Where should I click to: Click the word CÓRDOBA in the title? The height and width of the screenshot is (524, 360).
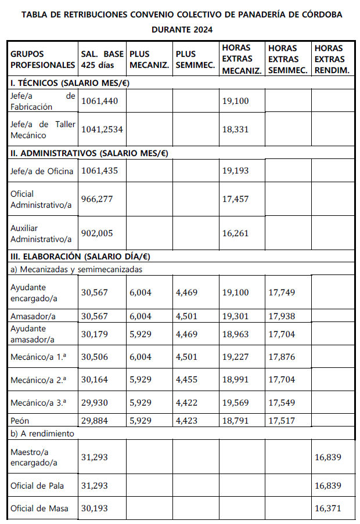pyautogui.click(x=316, y=15)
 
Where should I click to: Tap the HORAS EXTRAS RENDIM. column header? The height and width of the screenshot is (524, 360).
pyautogui.click(x=331, y=59)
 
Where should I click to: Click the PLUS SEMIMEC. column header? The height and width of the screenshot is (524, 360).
pyautogui.click(x=193, y=59)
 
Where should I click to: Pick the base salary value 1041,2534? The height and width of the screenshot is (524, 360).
pyautogui.click(x=102, y=129)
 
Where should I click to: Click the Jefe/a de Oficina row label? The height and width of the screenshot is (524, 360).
pyautogui.click(x=42, y=171)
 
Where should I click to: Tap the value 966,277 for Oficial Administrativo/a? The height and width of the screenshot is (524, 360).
pyautogui.click(x=97, y=199)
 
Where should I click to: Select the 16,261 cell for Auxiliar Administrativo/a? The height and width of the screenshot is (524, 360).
pyautogui.click(x=235, y=233)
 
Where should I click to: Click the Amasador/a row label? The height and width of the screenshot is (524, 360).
pyautogui.click(x=33, y=316)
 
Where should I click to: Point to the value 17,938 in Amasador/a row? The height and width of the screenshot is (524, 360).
pyautogui.click(x=282, y=316)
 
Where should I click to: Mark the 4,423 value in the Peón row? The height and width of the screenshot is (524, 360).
pyautogui.click(x=187, y=421)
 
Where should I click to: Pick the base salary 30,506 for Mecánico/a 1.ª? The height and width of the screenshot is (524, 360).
pyautogui.click(x=95, y=357)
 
